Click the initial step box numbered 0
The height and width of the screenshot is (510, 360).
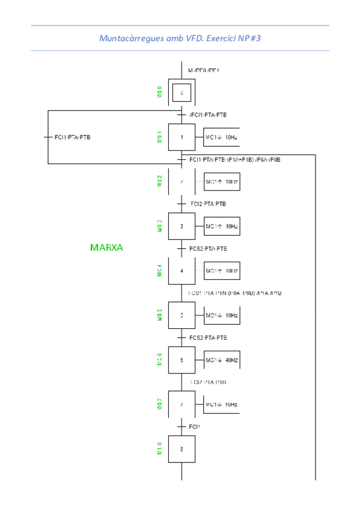(x=182, y=93)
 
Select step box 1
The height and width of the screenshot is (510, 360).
(x=182, y=137)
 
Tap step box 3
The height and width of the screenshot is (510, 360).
(x=182, y=226)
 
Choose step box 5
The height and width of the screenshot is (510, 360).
(x=182, y=315)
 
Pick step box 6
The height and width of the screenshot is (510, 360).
(x=182, y=360)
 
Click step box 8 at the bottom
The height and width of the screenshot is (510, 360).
(x=182, y=449)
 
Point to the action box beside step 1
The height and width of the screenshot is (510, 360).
(x=222, y=137)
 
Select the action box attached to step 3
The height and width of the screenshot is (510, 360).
(x=222, y=226)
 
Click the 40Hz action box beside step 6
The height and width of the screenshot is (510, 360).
(x=222, y=360)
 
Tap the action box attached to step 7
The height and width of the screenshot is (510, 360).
(x=222, y=404)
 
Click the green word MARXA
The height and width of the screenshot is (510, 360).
(x=106, y=247)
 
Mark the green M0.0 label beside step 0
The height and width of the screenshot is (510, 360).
(x=159, y=92)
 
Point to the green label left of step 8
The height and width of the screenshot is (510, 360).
(x=159, y=449)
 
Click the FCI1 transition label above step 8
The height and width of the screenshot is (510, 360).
(x=194, y=426)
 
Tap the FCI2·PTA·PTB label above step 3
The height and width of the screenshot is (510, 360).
(x=208, y=204)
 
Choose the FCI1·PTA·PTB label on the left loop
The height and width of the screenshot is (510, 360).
(x=72, y=137)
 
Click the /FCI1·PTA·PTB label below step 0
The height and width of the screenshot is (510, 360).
(x=207, y=114)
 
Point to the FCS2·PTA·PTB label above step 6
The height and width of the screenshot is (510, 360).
(x=208, y=337)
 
